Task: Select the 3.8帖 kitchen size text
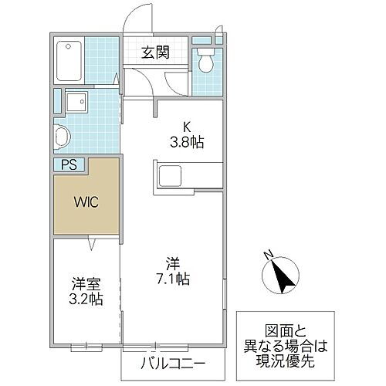(x=187, y=143)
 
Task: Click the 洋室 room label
(x=85, y=283)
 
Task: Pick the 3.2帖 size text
(x=85, y=299)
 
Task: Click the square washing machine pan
(x=77, y=101)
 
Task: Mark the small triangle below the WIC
(x=93, y=245)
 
